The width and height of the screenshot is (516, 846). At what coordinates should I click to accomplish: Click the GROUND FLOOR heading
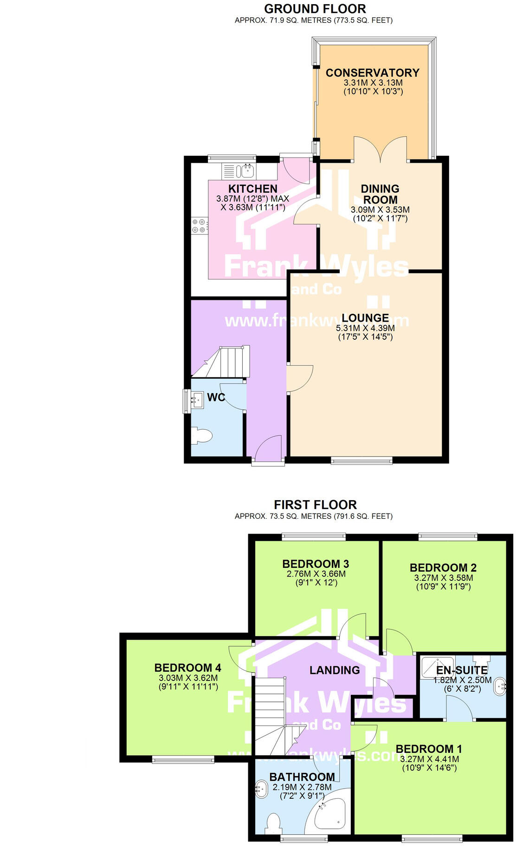click(315, 9)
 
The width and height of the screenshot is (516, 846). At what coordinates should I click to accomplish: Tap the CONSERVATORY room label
click(372, 73)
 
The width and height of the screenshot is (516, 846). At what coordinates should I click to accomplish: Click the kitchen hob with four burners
click(199, 226)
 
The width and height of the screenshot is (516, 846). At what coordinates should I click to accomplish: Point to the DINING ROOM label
click(380, 194)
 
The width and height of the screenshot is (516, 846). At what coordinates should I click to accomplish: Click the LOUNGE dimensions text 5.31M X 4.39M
click(365, 328)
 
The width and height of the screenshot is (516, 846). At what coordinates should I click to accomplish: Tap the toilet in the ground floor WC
click(202, 436)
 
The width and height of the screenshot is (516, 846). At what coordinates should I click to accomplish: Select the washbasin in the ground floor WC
click(197, 399)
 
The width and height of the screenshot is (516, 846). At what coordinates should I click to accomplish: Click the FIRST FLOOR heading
click(315, 505)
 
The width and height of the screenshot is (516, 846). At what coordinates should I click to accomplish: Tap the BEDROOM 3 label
click(316, 564)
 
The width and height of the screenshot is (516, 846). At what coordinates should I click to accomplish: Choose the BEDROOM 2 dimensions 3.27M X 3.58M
click(443, 578)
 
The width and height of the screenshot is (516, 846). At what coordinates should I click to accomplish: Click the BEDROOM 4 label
click(187, 668)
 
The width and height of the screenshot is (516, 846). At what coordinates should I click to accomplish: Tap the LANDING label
click(335, 670)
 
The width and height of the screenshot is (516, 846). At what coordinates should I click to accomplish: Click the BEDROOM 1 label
click(428, 749)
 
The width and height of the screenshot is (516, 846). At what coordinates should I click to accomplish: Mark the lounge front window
click(361, 460)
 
